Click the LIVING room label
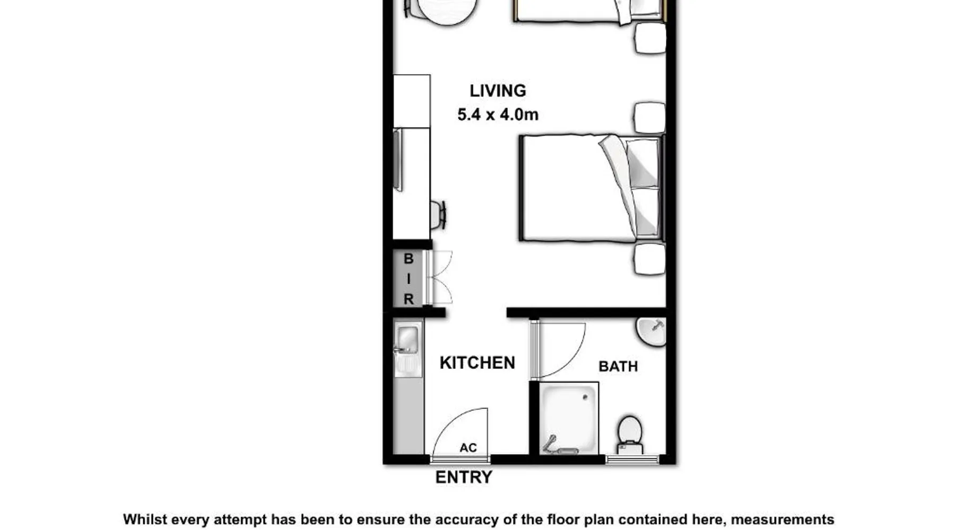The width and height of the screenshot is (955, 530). pos(498,91)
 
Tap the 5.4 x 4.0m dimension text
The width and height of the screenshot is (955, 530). pos(498,114)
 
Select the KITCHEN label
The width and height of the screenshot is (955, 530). pos(477,363)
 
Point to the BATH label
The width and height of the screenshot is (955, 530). pos(618,366)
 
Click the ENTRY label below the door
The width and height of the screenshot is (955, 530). pos(464,477)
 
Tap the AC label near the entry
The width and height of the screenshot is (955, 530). pos(468,448)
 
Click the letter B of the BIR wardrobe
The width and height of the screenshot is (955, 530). pos(409,259)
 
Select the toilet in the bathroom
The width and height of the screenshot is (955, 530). pos(630,435)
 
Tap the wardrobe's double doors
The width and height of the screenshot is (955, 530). pos(440,278)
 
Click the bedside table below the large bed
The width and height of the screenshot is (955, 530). pos(650,259)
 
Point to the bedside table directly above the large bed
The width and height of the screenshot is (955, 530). pos(650,118)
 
